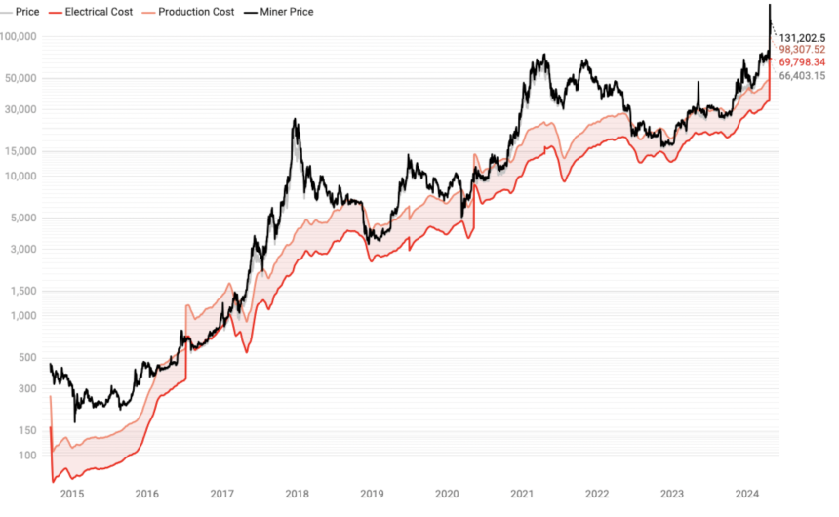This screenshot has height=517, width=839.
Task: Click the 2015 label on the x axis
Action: coord(71,494)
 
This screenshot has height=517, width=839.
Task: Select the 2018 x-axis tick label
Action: coord(296,494)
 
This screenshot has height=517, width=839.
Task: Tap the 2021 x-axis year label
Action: coord(521,494)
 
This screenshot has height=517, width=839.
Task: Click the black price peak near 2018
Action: coord(295,121)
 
